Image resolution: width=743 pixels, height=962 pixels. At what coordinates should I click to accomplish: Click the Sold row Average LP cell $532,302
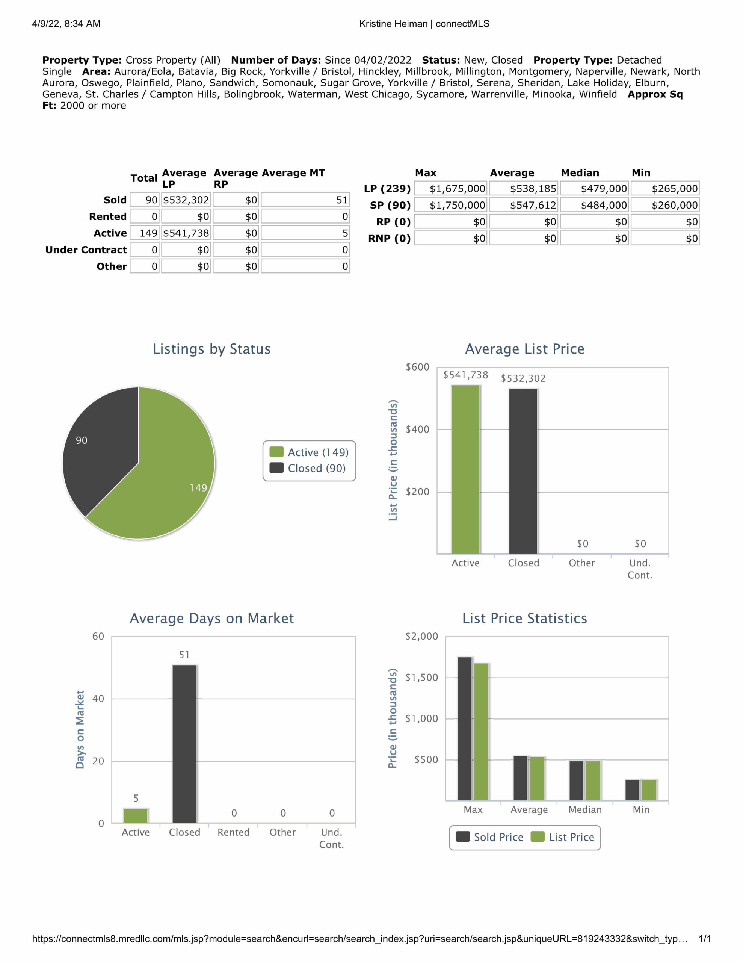click(x=186, y=200)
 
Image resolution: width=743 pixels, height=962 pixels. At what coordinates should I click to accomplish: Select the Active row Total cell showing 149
click(x=145, y=233)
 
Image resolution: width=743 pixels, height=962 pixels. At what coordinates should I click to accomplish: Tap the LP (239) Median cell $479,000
click(x=595, y=189)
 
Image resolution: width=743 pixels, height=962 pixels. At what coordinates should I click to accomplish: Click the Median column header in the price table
click(x=580, y=172)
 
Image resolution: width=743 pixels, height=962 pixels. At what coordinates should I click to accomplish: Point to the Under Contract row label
click(x=86, y=250)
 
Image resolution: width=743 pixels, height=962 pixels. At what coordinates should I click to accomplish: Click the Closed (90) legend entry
click(x=308, y=468)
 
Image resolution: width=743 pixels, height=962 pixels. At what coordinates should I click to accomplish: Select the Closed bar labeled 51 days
click(x=184, y=744)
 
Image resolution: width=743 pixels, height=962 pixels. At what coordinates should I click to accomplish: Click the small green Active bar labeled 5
click(x=136, y=815)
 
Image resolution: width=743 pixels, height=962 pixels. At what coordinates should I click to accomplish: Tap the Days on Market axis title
click(x=80, y=729)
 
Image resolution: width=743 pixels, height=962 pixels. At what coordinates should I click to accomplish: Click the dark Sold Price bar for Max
click(x=465, y=729)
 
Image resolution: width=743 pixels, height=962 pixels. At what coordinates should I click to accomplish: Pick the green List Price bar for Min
click(x=649, y=790)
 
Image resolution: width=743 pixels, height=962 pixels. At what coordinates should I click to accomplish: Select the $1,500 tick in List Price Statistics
click(x=422, y=678)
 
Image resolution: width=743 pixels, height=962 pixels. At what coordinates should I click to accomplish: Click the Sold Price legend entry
click(x=489, y=837)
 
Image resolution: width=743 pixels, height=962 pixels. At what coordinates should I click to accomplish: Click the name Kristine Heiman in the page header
click(x=393, y=24)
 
